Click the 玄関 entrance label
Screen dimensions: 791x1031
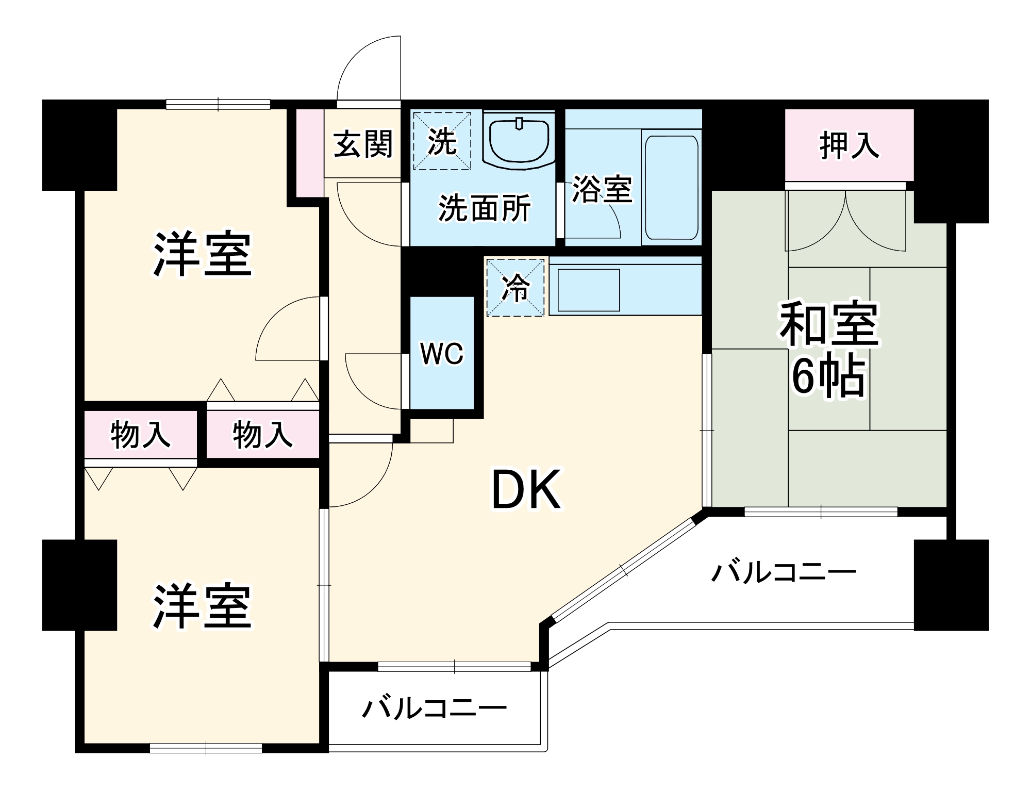pos(363,144)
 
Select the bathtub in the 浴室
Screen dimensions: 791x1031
pos(671,188)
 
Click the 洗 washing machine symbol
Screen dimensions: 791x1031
pos(442,141)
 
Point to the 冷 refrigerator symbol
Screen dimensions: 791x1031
pos(515,287)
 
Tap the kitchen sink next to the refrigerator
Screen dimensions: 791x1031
pos(588,290)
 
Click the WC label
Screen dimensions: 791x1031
pos(442,354)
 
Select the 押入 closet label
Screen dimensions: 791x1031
pos(849,145)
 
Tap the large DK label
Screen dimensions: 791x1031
pos(526,490)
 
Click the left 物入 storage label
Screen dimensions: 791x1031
pos(140,435)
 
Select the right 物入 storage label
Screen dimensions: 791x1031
pos(262,435)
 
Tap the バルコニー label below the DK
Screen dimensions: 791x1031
pos(435,708)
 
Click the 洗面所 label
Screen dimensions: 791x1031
pos(484,208)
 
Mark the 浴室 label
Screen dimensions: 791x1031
pos(602,189)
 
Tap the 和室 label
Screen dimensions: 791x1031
pos(828,324)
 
